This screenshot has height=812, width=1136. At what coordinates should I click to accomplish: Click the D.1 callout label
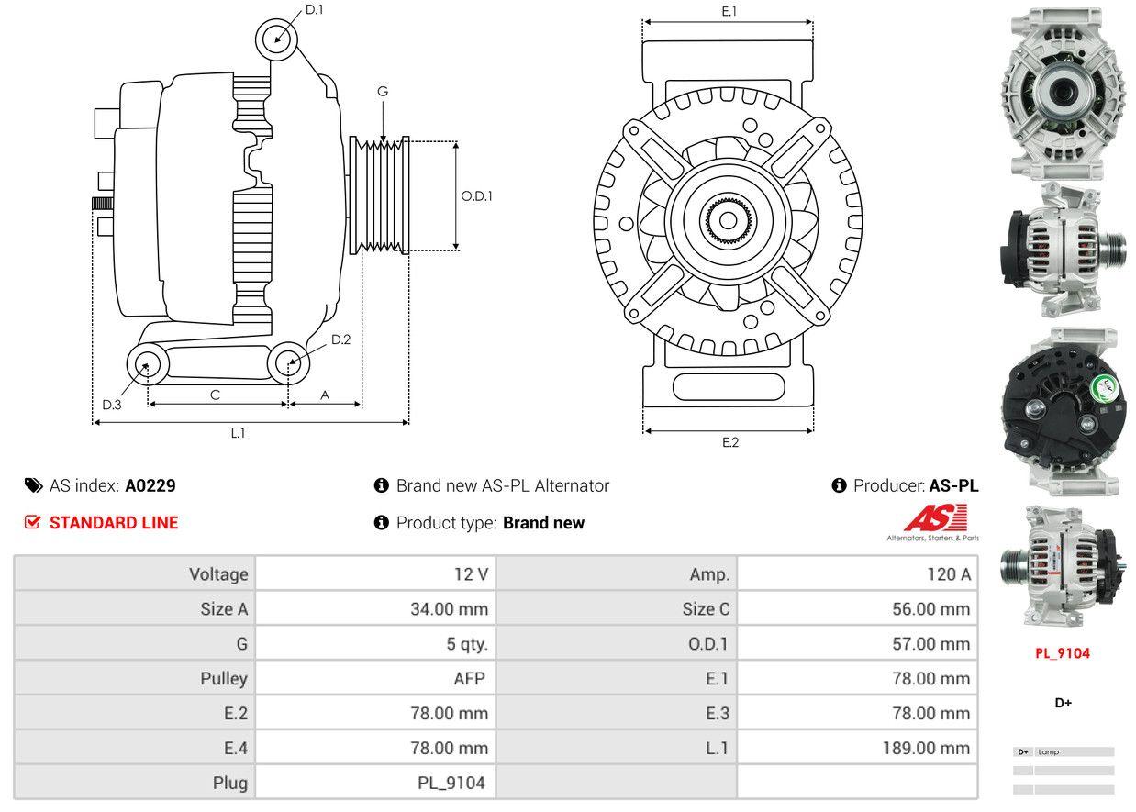point(315,9)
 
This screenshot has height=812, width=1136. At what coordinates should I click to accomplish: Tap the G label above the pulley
point(383,91)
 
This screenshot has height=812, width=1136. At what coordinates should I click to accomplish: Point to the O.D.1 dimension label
point(476,195)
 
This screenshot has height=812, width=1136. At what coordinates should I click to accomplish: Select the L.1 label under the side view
point(238,433)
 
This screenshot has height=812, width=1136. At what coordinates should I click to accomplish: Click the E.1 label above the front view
point(729,11)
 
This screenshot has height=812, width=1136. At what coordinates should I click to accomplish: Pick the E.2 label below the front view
point(729,442)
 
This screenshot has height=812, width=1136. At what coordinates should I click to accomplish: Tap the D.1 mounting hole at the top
point(275,39)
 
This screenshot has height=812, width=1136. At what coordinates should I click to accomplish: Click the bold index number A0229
point(150,485)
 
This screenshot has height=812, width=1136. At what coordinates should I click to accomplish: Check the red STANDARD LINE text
point(114,523)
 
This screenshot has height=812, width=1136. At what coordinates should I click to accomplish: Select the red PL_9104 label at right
point(1063,653)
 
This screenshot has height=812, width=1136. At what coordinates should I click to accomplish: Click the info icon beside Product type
point(382,523)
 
